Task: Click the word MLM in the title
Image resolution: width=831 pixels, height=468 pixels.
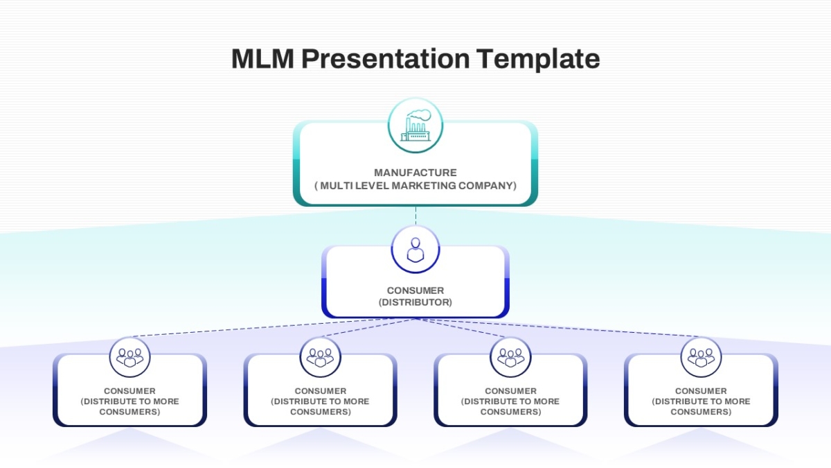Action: [262, 59]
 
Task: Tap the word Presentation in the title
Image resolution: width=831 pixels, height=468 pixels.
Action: [386, 59]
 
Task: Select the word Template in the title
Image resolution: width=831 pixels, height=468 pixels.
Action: [538, 59]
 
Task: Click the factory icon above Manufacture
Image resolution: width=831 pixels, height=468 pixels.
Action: [415, 125]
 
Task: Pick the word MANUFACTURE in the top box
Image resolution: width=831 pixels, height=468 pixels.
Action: [415, 173]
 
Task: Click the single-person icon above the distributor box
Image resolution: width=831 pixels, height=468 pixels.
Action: [415, 250]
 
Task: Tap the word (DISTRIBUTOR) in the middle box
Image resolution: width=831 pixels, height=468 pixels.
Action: [415, 302]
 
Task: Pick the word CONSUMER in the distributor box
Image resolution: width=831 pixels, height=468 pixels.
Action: [415, 291]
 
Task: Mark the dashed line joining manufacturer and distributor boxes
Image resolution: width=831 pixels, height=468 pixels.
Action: [415, 216]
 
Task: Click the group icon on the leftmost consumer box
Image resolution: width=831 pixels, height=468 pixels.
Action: [129, 358]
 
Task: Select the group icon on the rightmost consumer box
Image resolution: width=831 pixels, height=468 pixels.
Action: [701, 358]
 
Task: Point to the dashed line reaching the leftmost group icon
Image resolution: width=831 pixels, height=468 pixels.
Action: [273, 327]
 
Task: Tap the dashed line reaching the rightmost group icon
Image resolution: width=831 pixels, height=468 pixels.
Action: [558, 327]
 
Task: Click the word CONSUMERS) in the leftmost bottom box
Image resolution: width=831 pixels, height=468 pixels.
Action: [129, 412]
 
